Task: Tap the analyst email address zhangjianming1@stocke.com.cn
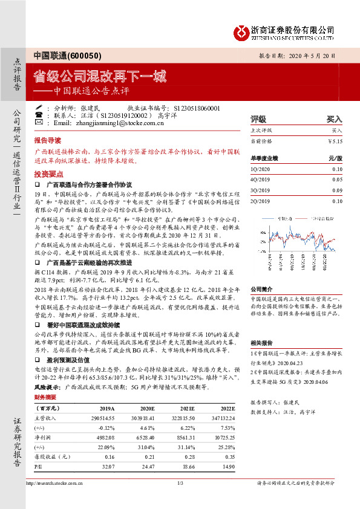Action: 117,123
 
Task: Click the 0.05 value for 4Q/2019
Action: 337,180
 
